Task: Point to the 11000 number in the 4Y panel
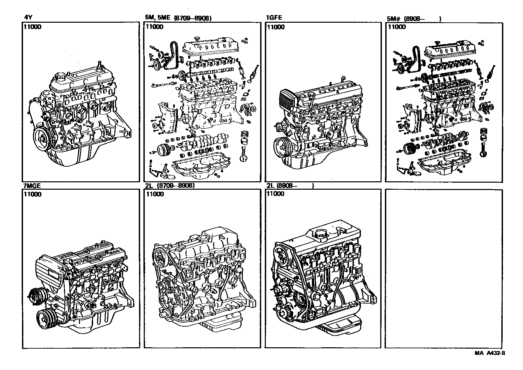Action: pos(33,27)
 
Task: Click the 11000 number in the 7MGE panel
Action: pos(33,195)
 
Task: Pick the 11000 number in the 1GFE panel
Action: pos(276,27)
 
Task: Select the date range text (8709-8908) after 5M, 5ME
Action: pos(193,19)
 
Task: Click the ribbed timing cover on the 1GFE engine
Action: pos(289,99)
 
